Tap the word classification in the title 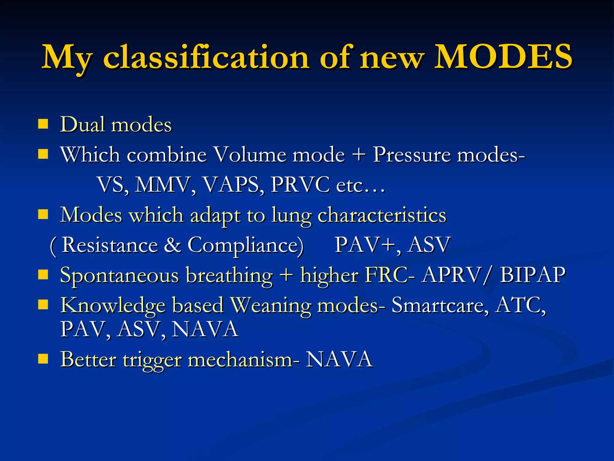coord(206,57)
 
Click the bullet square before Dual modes coord(43,124)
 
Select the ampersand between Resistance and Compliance coord(172,245)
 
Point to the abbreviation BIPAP coord(532,275)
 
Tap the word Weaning coord(271,305)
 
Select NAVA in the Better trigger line coord(339,359)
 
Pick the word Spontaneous coord(119,276)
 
